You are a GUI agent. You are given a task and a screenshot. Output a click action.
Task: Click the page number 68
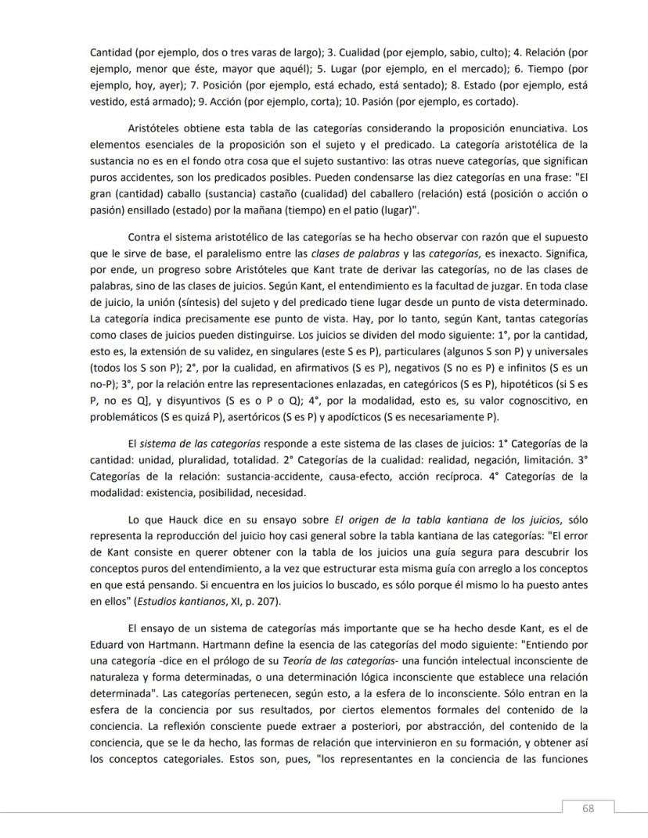588,808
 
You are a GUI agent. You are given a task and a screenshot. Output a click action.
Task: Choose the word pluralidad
191,461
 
